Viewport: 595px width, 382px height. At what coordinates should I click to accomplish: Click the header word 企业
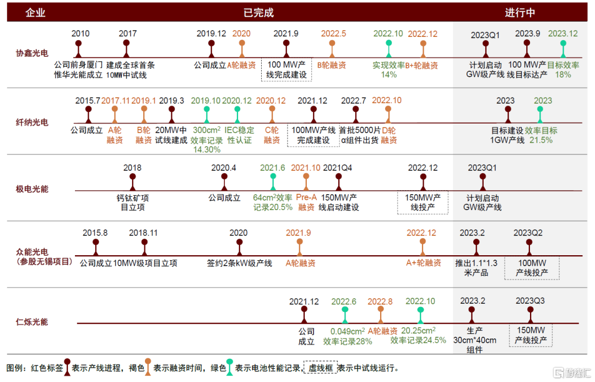coord(35,13)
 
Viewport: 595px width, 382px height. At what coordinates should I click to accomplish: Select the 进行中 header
coord(520,13)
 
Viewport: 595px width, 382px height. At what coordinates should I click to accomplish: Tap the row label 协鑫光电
coord(31,53)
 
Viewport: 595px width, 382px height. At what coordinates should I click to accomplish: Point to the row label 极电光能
coord(31,189)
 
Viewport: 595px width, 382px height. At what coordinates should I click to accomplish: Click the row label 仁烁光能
coord(31,321)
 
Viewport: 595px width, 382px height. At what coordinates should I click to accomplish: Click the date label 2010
coord(80,34)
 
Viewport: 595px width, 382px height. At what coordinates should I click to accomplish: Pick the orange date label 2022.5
coord(333,34)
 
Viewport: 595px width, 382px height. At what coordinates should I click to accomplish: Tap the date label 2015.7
coord(88,101)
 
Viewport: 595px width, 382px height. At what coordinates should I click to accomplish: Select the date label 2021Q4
coord(338,168)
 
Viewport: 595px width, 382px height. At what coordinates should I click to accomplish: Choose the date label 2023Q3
coord(530,301)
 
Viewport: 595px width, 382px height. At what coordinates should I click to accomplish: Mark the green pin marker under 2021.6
coord(273,181)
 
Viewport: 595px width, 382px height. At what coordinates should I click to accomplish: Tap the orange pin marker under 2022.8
coord(380,314)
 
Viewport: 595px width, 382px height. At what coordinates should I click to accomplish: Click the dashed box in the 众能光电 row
coord(532,268)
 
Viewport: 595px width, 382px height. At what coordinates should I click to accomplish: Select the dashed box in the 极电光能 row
coord(423,202)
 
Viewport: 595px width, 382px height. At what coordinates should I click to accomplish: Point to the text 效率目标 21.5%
coord(540,136)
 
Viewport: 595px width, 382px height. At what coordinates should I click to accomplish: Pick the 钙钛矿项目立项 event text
coord(132,203)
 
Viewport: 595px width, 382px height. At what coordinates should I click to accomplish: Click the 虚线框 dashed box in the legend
coord(320,368)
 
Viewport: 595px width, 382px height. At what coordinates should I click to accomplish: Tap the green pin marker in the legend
coord(229,370)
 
